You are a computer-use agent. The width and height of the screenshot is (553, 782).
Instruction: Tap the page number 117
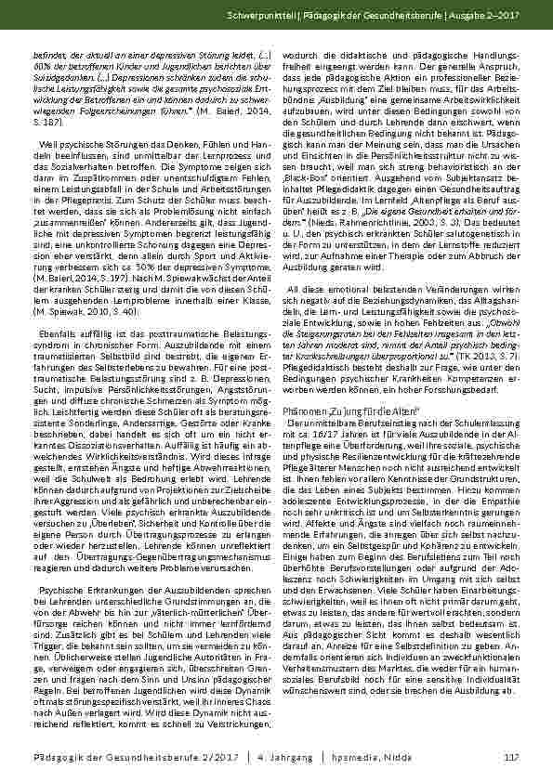click(510, 757)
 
